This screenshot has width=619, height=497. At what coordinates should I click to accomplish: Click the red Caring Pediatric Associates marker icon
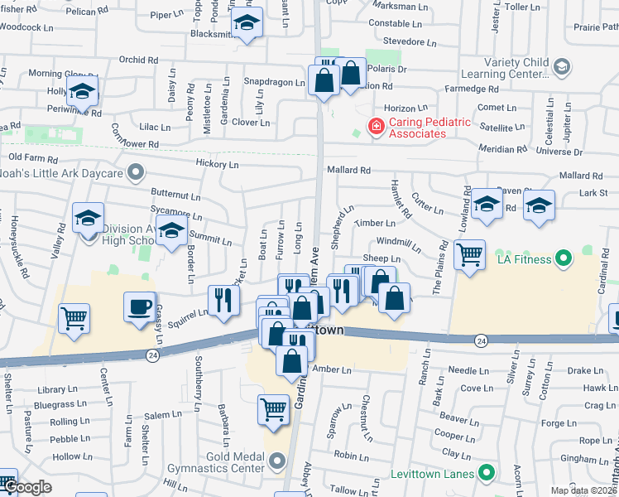(376, 127)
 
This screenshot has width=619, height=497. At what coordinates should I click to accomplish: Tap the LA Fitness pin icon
(564, 259)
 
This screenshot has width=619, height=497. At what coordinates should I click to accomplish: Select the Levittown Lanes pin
(487, 474)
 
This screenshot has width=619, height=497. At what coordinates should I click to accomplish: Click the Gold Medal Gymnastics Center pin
(276, 460)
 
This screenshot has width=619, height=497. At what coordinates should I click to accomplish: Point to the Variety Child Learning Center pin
(562, 66)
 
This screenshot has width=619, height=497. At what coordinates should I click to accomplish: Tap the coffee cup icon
(139, 307)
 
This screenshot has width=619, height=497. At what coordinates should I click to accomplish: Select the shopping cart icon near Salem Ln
(274, 408)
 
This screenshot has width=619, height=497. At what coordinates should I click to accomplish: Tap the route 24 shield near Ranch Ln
(481, 340)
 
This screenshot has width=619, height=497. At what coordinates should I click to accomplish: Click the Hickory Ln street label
(217, 165)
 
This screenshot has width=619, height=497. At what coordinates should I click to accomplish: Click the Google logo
(26, 488)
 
